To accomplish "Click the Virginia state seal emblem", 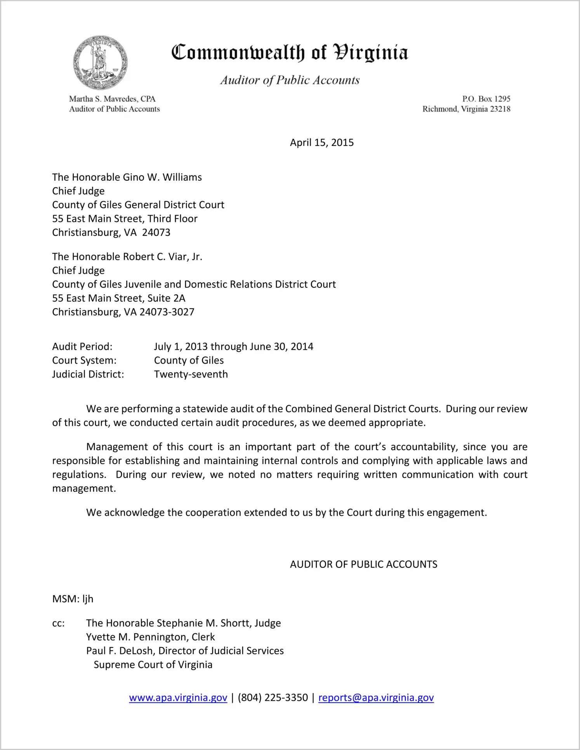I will click(101, 63).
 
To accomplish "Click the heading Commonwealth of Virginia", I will click(290, 52).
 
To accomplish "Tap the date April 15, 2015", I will click(321, 143).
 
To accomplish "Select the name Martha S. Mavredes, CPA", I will click(112, 99).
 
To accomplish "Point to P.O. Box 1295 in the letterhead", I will click(486, 99).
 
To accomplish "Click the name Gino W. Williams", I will click(162, 177).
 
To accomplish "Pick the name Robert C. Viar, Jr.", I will click(162, 257).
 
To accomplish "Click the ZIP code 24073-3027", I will click(167, 312).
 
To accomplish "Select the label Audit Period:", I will click(82, 346).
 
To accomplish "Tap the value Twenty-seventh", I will click(191, 374).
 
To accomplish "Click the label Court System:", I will click(84, 360).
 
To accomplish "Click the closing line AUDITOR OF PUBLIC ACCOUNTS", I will click(363, 564).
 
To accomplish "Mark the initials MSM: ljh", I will click(73, 599).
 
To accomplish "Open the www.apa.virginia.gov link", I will click(178, 698).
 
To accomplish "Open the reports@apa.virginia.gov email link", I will click(376, 698).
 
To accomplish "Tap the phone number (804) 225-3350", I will click(273, 698).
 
